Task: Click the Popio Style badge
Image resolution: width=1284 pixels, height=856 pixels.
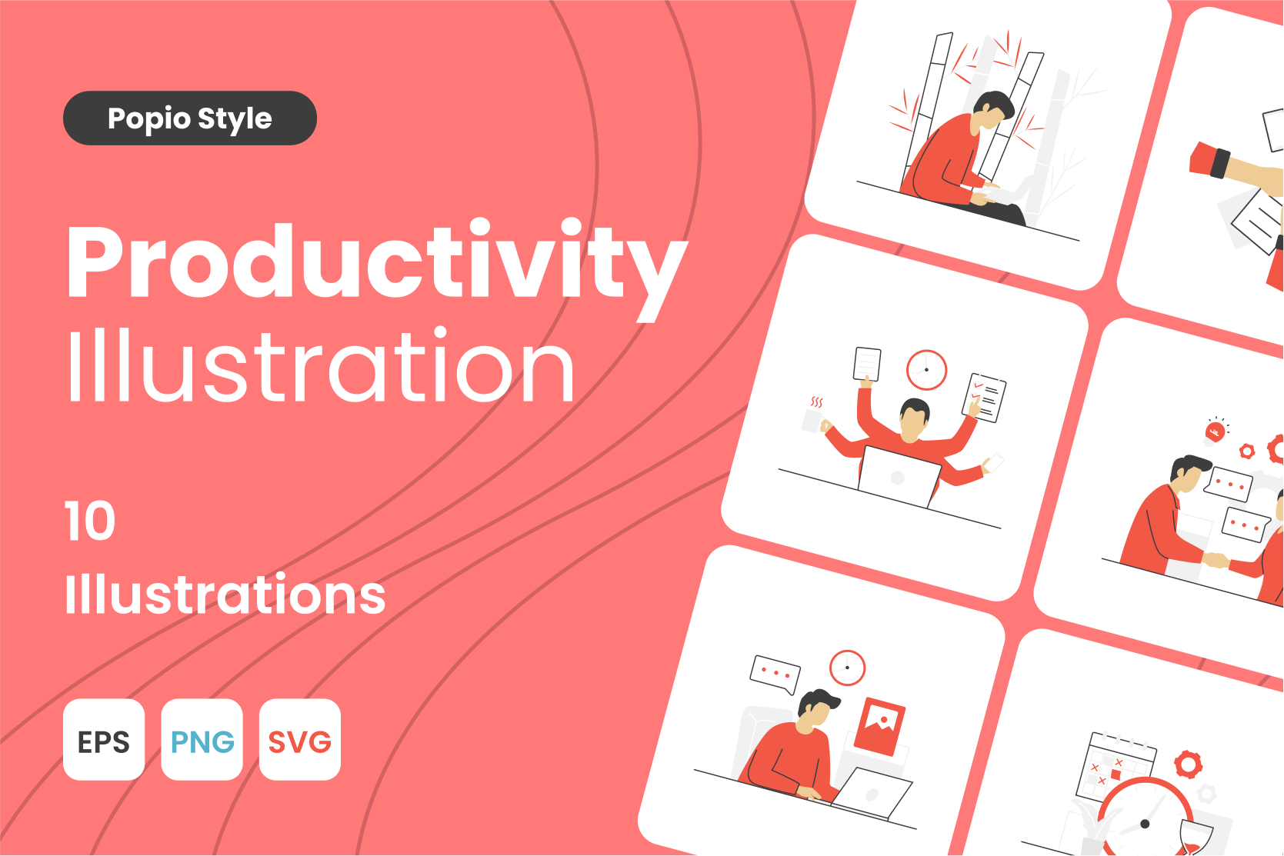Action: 189,118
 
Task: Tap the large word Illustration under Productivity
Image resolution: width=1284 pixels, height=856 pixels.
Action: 321,365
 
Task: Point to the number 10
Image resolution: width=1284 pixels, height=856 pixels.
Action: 90,521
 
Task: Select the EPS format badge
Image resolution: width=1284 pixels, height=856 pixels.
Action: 104,740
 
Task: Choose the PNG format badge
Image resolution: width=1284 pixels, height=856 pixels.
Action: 202,740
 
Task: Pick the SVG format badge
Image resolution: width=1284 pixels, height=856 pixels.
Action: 300,740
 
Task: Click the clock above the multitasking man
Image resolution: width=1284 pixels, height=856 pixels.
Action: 926,370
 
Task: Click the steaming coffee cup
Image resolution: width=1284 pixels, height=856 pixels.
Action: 813,418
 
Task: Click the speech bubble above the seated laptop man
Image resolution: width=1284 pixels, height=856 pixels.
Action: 775,674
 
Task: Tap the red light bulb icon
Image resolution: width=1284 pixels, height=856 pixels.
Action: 1215,431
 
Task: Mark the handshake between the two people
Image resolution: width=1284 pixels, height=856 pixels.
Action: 1216,560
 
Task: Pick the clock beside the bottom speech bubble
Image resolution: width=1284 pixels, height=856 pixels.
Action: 847,668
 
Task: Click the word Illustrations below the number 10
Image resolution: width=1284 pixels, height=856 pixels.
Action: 225,595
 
